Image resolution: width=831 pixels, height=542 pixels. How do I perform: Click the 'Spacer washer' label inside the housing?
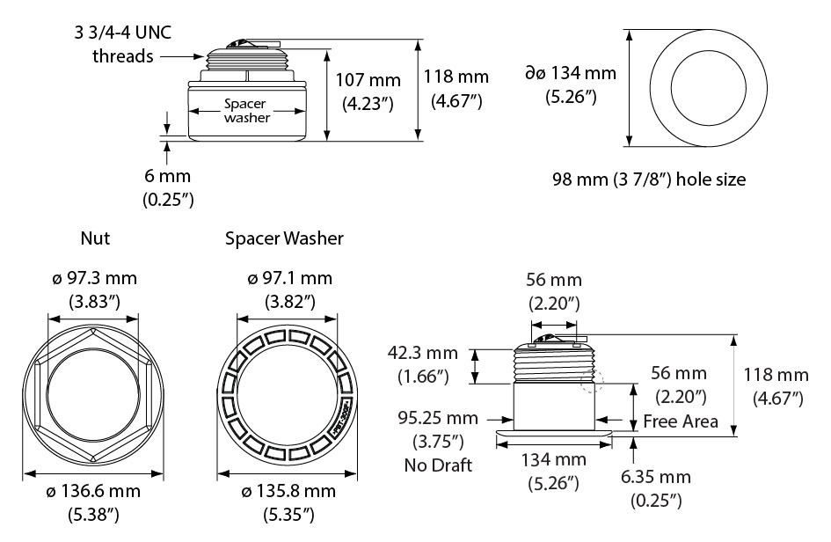246,111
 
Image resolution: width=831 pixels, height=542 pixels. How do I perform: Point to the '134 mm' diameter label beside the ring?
570,74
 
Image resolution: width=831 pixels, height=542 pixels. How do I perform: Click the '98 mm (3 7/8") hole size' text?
649,179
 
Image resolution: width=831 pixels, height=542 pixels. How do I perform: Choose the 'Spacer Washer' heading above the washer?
284,238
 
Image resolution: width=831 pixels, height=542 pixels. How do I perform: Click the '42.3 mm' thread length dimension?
423,355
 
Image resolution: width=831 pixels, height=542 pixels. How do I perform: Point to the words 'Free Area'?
681,421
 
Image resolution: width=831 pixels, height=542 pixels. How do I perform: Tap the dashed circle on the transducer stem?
595,380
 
